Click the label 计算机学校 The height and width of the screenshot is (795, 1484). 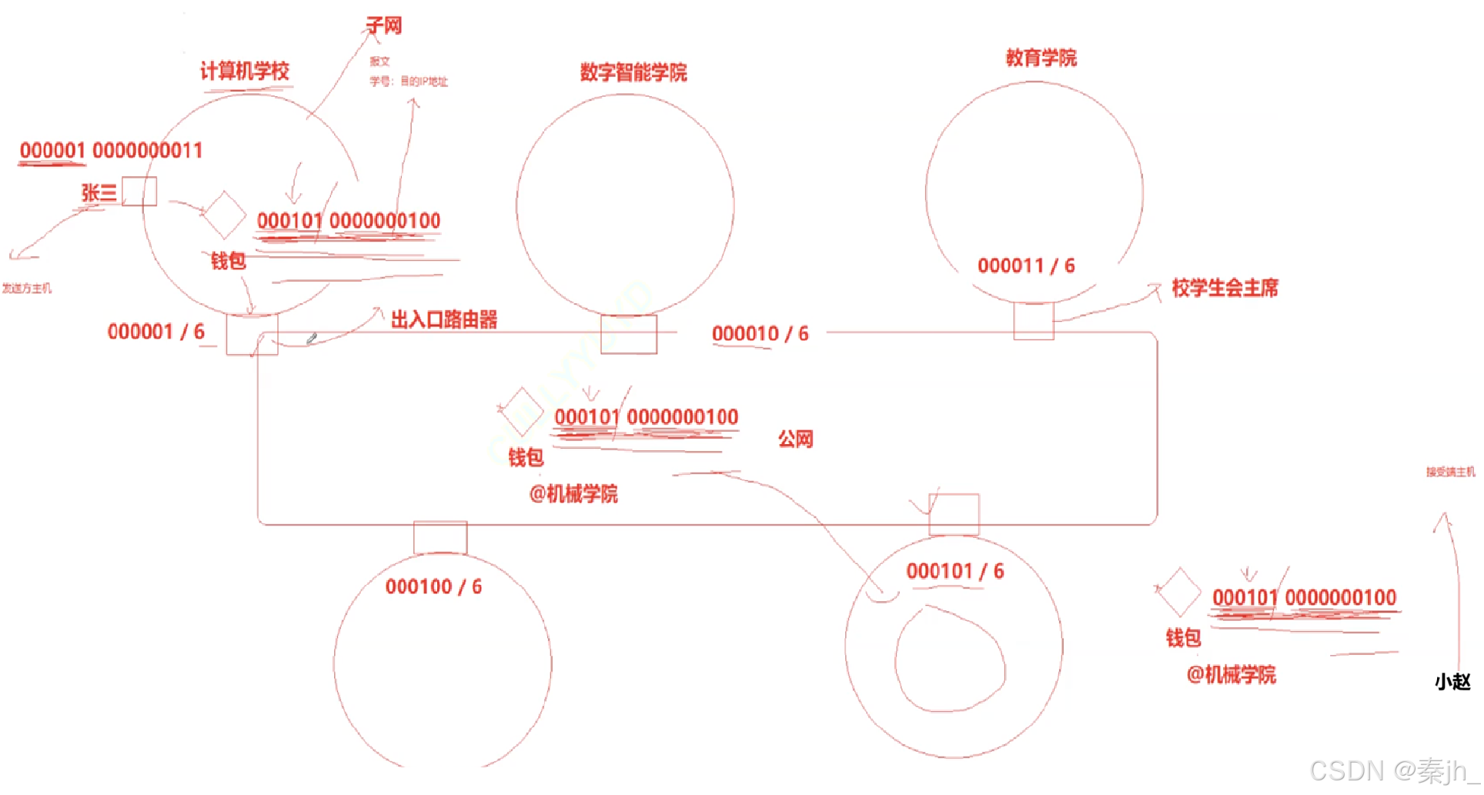pos(245,72)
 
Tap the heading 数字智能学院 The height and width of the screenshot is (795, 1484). pos(633,73)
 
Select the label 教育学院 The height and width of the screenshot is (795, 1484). pos(1041,58)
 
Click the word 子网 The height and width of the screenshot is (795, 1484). pos(384,26)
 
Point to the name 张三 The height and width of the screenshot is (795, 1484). pos(99,192)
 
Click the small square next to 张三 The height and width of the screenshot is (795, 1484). pos(139,192)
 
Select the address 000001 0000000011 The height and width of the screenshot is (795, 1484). pos(112,151)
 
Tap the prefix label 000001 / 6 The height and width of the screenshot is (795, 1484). pos(156,332)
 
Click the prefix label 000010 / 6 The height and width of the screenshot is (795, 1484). pos(760,334)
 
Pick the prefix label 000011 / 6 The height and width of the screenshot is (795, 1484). pos(1026,266)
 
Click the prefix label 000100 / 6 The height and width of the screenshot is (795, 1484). pos(434,587)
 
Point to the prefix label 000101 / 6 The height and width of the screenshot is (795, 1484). pos(955,572)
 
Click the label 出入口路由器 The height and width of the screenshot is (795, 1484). pos(444,320)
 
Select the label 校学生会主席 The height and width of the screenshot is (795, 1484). pos(1225,289)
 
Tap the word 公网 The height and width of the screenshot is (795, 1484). pos(796,439)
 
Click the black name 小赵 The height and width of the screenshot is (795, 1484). pos(1452,682)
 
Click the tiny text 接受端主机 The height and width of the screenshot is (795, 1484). pos(1450,472)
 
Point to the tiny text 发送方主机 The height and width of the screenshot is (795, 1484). pos(27,289)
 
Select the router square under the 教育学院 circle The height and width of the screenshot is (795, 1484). pos(1034,320)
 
